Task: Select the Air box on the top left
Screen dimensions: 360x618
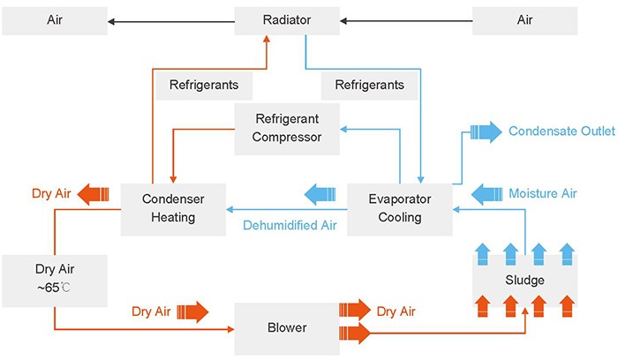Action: pyautogui.click(x=55, y=19)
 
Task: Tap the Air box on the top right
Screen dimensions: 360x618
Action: pyautogui.click(x=524, y=19)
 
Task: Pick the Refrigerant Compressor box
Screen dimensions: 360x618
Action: pyautogui.click(x=288, y=127)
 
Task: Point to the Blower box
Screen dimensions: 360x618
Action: pyautogui.click(x=286, y=328)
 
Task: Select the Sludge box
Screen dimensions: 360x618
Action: pyautogui.click(x=525, y=281)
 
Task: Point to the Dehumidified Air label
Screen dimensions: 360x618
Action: pyautogui.click(x=290, y=226)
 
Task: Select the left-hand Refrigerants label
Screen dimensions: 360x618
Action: pyautogui.click(x=203, y=86)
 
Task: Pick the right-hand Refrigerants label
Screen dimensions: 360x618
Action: pyautogui.click(x=363, y=86)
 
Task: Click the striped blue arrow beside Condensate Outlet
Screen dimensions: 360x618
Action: pyautogui.click(x=486, y=133)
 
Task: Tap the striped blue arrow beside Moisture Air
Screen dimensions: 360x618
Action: pyautogui.click(x=486, y=192)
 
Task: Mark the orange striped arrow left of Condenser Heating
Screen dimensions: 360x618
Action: pyautogui.click(x=94, y=192)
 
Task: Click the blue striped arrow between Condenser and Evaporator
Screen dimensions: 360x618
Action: pyautogui.click(x=319, y=192)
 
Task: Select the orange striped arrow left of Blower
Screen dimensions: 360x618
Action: pyautogui.click(x=192, y=311)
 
